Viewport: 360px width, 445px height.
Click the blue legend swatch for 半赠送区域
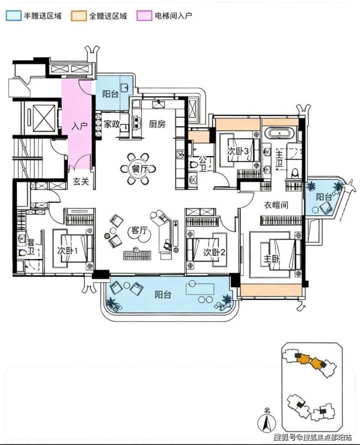click(x=13, y=16)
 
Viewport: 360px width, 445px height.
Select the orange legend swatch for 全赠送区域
click(x=79, y=16)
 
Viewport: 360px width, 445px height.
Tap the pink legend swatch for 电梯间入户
click(x=144, y=16)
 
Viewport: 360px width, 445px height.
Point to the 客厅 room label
click(x=139, y=230)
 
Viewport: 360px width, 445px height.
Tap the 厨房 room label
click(x=157, y=124)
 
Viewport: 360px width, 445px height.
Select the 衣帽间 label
click(x=276, y=204)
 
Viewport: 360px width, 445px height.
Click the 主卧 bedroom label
click(x=272, y=259)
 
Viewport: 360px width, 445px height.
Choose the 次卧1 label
click(x=68, y=251)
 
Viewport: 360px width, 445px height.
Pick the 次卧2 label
click(x=214, y=252)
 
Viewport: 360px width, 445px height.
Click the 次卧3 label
click(x=238, y=151)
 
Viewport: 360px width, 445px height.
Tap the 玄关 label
click(x=81, y=181)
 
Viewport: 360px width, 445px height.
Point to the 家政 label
click(x=111, y=124)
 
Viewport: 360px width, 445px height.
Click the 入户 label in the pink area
click(x=79, y=126)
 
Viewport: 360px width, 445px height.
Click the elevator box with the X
click(x=44, y=118)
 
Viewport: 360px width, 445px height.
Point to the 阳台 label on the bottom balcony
click(x=163, y=295)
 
